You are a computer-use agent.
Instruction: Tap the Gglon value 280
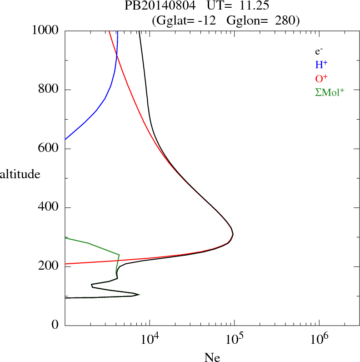[x=285, y=20]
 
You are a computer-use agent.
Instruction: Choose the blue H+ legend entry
[x=321, y=65]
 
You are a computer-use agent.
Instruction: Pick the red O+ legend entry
[x=321, y=78]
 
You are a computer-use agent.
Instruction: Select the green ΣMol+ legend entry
[x=330, y=92]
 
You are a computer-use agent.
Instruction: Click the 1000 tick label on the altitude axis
[x=46, y=30]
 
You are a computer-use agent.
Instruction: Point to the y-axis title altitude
[x=20, y=174]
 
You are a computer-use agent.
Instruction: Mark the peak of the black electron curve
[x=233, y=234]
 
